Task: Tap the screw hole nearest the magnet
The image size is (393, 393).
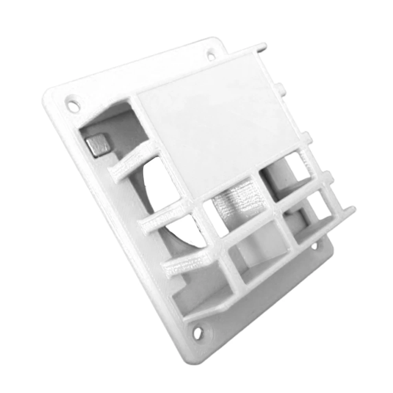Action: (x=73, y=105)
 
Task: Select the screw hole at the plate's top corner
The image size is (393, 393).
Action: (x=211, y=55)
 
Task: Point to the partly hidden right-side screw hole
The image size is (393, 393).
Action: (x=314, y=246)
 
